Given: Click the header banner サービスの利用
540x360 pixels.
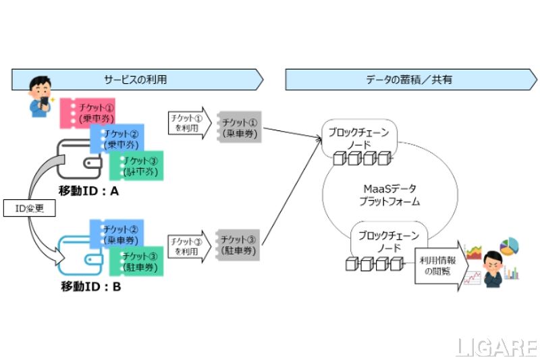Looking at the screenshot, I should click(x=135, y=79).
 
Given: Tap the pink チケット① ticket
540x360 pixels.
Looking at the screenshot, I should click(x=90, y=112).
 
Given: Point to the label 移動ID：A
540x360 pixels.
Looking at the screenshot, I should click(x=88, y=191).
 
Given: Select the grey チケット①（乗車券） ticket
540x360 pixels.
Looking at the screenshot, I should click(x=239, y=126).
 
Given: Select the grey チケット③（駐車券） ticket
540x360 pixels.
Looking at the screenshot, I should click(x=239, y=247).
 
